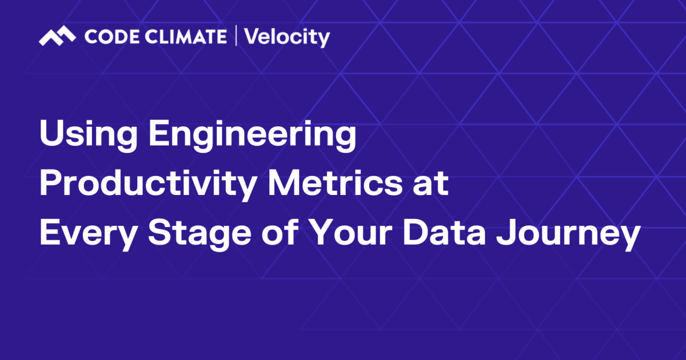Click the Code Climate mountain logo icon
tap(57, 37)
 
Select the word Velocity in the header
tap(287, 38)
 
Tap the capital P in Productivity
tap(49, 184)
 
